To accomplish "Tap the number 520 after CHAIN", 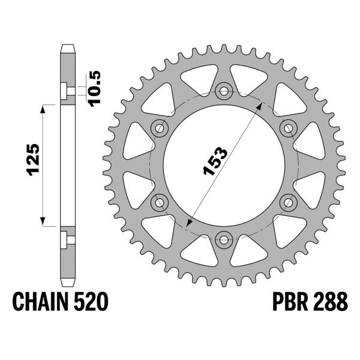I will point(92,301).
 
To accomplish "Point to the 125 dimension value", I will point(33,161).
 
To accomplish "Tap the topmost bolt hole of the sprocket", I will point(224,91).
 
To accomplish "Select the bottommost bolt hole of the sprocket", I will point(224,239).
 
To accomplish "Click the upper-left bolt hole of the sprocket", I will point(160,128).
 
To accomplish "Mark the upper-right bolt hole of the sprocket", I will point(289,128).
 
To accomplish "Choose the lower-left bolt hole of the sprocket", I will point(160,202).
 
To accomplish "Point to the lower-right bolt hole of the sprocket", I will point(289,202).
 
